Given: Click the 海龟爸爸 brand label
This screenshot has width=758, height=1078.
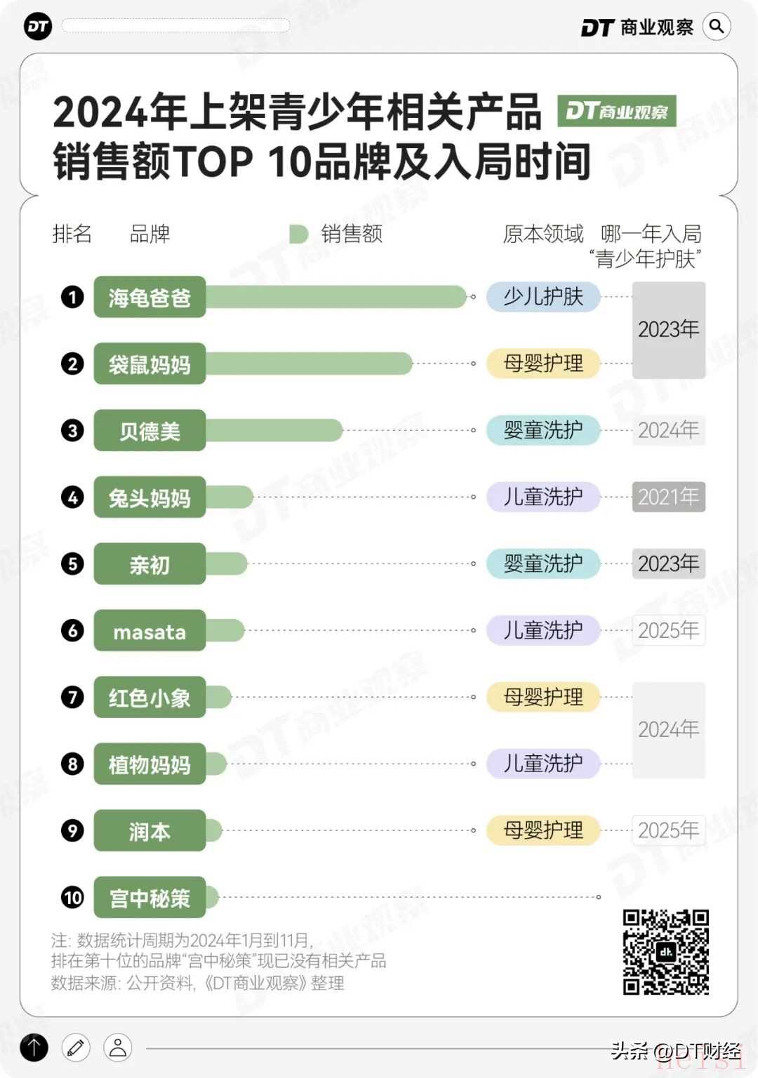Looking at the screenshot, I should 149,298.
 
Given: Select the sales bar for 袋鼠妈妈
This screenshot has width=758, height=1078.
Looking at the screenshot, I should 309,364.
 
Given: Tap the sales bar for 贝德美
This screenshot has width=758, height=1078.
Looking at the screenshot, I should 274,430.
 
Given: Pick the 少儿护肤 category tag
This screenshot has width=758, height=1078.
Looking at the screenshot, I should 543,297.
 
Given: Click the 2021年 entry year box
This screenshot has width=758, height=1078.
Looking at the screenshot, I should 668,497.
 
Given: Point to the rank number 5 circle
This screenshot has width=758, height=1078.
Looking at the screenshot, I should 72,564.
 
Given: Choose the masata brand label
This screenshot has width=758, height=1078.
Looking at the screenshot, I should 149,630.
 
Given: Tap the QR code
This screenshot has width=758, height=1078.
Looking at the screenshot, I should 665,952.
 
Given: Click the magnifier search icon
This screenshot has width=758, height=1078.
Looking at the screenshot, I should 717,27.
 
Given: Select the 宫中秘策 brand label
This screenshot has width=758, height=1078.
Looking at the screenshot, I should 149,897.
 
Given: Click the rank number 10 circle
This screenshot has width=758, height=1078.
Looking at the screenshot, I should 72,897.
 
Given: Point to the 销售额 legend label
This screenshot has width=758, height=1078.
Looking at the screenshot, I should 351,234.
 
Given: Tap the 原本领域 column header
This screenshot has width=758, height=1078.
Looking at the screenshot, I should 543,234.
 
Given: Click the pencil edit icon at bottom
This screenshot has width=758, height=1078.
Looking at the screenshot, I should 76,1048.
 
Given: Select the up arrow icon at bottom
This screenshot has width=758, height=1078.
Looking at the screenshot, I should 34,1048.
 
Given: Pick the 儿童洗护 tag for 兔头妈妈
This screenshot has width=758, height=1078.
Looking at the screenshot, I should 543,497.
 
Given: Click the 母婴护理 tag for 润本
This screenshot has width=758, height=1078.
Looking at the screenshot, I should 543,830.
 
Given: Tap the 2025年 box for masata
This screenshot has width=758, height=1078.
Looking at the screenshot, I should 668,630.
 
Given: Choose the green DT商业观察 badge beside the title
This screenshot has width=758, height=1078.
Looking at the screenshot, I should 616,111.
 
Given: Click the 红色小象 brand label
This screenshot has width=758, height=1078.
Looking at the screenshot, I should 149,697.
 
